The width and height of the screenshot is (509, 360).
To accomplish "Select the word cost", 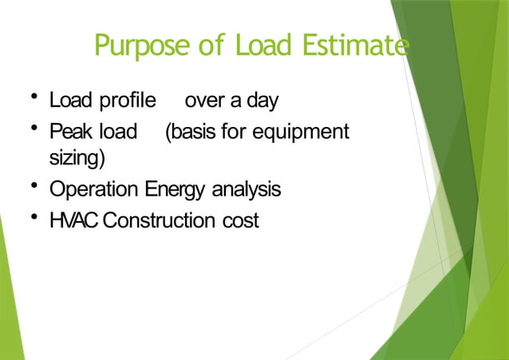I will click(241, 220).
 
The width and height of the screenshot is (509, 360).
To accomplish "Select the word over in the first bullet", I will click(203, 103).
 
